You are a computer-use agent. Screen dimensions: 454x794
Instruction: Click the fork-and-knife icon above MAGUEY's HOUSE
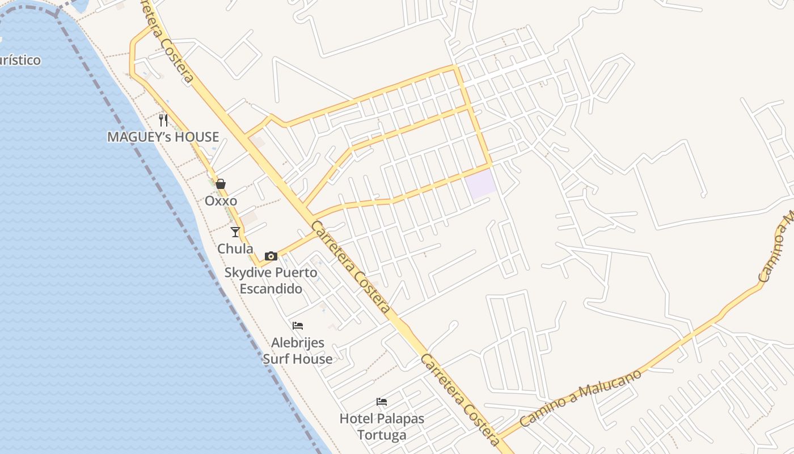[163, 120]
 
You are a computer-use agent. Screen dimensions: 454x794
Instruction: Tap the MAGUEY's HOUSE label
[163, 137]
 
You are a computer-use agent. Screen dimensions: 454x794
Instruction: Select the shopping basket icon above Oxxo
[221, 184]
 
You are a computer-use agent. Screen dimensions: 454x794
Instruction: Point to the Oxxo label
[221, 201]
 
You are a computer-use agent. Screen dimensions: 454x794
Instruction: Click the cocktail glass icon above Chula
[235, 232]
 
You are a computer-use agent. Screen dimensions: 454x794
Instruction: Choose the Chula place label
[235, 249]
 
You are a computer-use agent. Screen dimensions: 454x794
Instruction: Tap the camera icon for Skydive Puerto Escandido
[271, 256]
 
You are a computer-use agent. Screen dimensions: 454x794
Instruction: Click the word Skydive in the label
[248, 272]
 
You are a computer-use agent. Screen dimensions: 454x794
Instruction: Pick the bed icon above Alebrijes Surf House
[298, 326]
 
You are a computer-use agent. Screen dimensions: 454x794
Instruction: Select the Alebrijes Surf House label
[298, 351]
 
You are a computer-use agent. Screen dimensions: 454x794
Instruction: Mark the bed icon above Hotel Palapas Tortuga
[382, 402]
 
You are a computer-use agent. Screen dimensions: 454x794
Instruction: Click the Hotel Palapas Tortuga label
[382, 427]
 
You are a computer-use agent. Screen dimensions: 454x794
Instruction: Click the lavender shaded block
[482, 183]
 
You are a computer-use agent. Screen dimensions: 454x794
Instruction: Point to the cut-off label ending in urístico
[20, 60]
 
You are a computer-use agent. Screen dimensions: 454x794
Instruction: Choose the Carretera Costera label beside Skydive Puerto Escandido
[351, 267]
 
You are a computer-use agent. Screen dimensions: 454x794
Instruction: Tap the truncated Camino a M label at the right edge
[777, 247]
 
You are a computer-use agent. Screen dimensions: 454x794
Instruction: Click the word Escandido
[271, 288]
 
